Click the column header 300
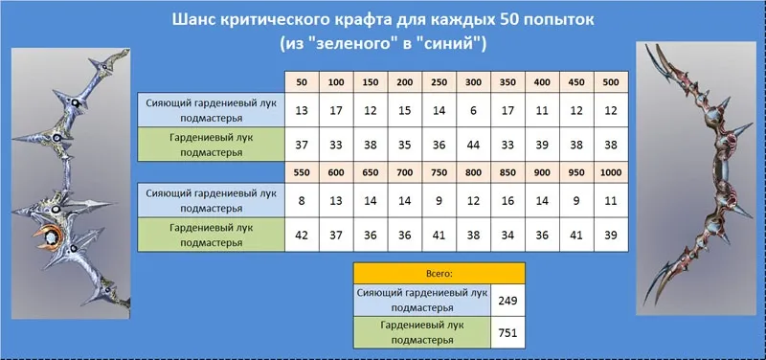(473, 82)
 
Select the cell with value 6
(473, 110)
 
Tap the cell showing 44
(473, 145)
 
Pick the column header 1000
(611, 172)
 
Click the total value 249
(507, 301)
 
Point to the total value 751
(507, 332)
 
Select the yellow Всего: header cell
(439, 274)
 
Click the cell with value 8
(302, 200)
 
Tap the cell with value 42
(302, 235)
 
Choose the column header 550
(302, 172)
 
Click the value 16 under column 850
(508, 200)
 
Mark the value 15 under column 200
(405, 110)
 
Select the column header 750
(439, 172)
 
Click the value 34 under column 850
(508, 235)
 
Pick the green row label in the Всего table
(422, 332)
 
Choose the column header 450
(577, 82)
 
